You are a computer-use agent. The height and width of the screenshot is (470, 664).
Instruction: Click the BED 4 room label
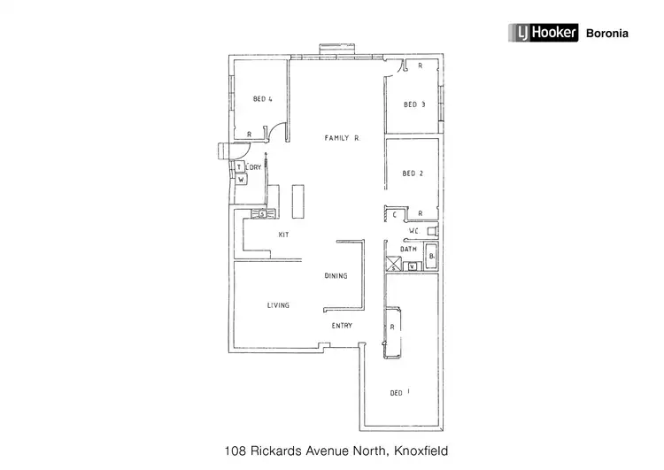click(262, 99)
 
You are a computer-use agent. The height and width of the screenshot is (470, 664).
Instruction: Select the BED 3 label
click(414, 104)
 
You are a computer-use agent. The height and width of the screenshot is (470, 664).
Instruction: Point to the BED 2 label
click(413, 173)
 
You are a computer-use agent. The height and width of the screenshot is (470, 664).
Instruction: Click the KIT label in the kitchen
click(283, 235)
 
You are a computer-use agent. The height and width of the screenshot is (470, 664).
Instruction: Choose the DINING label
click(336, 276)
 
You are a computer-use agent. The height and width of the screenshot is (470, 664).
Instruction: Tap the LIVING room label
click(279, 305)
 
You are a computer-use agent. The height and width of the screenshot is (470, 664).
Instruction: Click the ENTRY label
click(342, 326)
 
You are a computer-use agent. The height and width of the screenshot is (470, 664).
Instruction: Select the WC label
click(413, 232)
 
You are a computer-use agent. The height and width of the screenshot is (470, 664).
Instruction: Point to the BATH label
click(408, 250)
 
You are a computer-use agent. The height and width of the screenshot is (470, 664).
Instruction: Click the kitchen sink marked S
click(262, 213)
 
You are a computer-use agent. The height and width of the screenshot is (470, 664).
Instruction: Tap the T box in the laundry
click(239, 166)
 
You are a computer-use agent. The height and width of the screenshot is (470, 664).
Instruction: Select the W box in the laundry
click(240, 179)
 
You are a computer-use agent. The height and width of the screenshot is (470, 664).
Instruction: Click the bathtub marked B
click(431, 256)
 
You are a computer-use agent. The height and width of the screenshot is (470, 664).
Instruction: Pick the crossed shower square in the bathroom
click(393, 263)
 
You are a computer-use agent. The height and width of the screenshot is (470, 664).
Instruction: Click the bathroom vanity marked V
click(412, 266)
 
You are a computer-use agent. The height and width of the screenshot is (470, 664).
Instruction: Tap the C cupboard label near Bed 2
click(395, 214)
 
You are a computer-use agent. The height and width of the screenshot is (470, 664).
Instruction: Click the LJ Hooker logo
click(542, 34)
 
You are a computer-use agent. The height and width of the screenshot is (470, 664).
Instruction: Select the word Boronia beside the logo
click(607, 34)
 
